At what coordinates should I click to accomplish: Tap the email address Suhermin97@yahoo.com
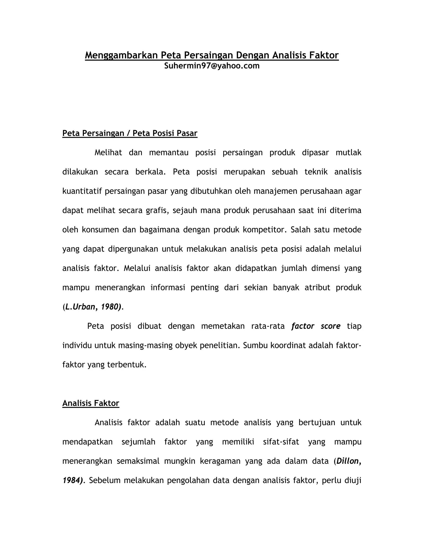tap(212, 66)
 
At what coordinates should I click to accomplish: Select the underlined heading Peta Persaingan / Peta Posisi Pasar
tap(130, 133)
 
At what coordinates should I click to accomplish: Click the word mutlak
tap(348, 153)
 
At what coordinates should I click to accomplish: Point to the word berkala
tap(150, 172)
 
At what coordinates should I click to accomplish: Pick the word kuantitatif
tap(82, 191)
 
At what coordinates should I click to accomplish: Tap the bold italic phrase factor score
tap(316, 326)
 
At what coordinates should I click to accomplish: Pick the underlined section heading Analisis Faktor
tap(91, 403)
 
